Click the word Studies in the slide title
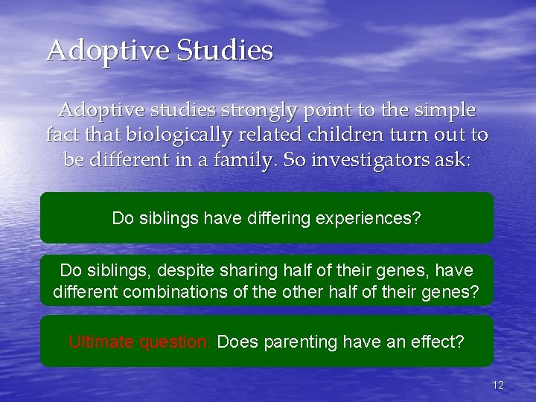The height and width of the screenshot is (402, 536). pyautogui.click(x=225, y=51)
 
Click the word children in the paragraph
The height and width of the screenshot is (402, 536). pyautogui.click(x=313, y=135)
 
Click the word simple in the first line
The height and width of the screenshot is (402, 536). pyautogui.click(x=445, y=110)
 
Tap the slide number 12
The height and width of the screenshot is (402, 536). pyautogui.click(x=498, y=385)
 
